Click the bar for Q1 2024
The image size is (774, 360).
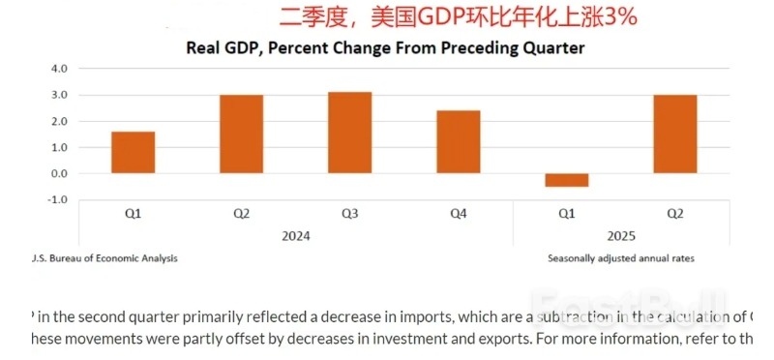(133, 153)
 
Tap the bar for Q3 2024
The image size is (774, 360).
(349, 133)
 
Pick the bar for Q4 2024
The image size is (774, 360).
(458, 142)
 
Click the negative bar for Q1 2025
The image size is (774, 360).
(566, 180)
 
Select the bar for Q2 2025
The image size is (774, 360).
(674, 135)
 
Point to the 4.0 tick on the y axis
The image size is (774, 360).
(59, 70)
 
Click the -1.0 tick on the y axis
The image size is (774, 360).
(57, 199)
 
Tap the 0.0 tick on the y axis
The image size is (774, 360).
(59, 174)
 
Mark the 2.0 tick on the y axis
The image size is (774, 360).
(59, 122)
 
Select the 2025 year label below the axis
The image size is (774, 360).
(621, 236)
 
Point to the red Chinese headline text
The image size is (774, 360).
(444, 16)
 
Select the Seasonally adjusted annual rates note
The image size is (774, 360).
(619, 258)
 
